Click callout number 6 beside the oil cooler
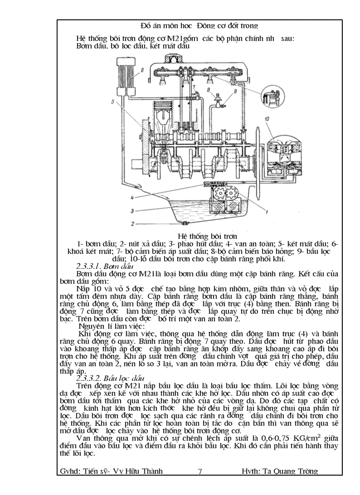pos(142,70)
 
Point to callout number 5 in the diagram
pos(113,102)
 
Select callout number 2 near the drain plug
pos(132,224)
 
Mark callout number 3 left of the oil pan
pos(132,211)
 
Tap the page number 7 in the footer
pos(200,471)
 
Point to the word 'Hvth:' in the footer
pos(251,471)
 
